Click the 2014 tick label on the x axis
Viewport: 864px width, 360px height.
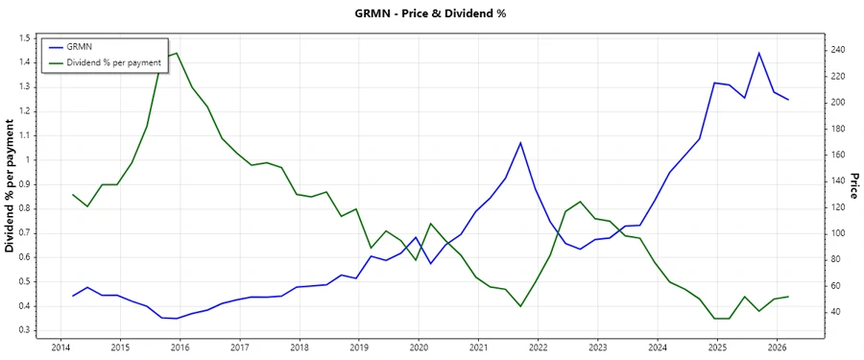[60, 348]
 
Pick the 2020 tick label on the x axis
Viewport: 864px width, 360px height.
[418, 348]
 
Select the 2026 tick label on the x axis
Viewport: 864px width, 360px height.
[776, 348]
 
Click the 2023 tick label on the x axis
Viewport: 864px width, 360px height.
[597, 348]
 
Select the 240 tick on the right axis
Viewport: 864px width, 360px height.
[837, 50]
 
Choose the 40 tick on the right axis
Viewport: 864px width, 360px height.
[834, 312]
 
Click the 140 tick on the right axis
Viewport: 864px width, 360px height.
[837, 180]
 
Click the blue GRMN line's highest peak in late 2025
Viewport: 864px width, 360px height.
[759, 53]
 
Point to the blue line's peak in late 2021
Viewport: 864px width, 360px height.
[520, 142]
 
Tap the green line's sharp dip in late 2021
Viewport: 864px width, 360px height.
[520, 306]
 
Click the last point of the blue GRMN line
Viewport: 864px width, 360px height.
[789, 100]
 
